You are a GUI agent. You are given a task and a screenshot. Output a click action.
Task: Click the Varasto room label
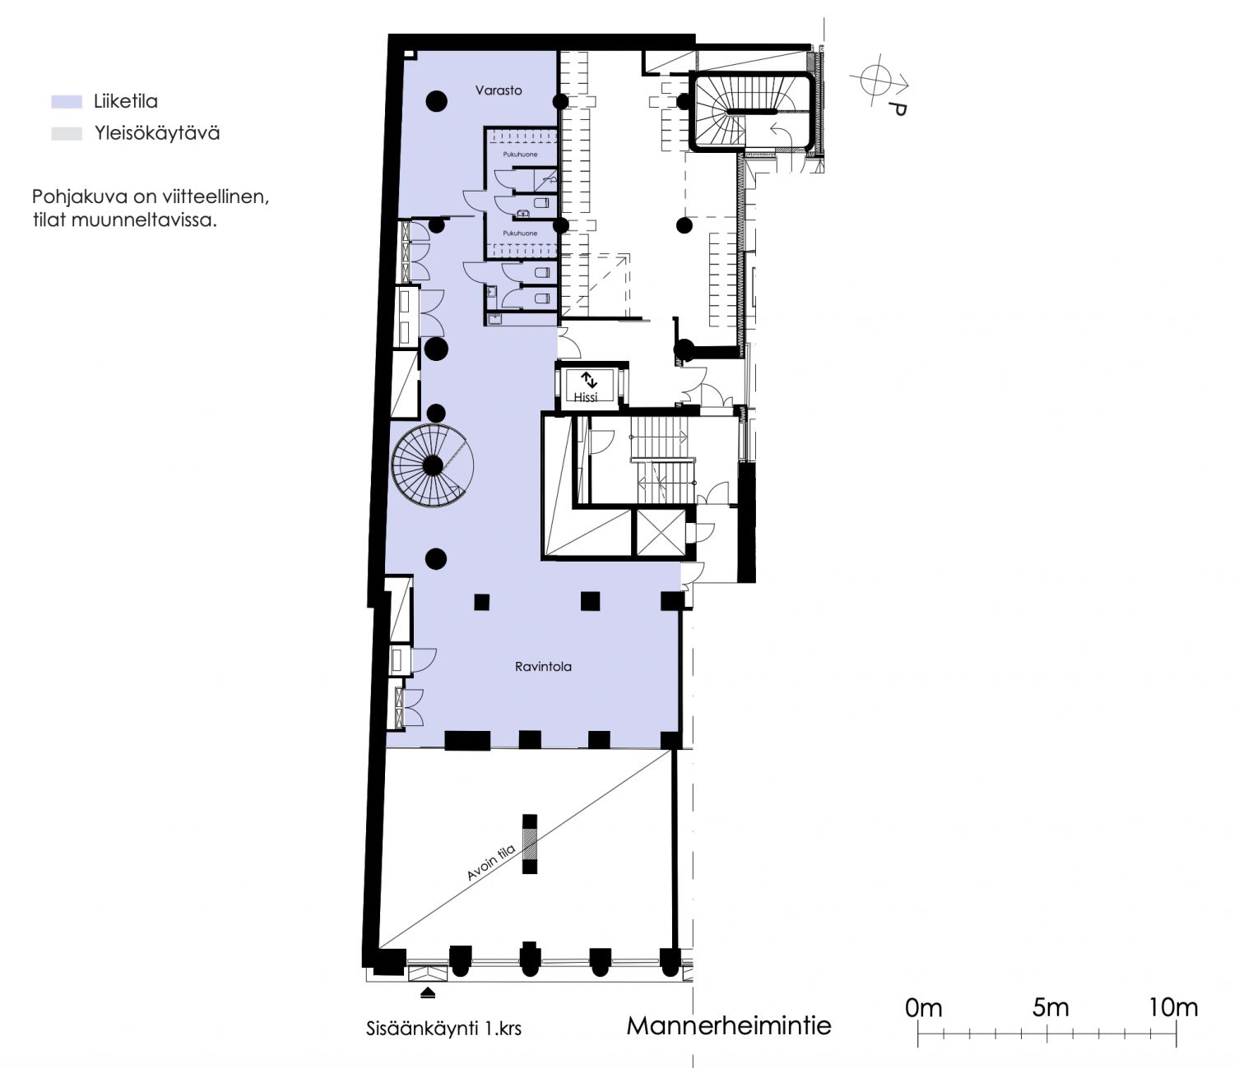(499, 90)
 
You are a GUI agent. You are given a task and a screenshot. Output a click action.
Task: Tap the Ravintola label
(543, 667)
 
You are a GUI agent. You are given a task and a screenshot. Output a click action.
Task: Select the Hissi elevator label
(585, 397)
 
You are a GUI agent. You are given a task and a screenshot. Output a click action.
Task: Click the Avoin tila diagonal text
(491, 860)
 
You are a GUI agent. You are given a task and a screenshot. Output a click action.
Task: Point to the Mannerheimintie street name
(729, 1026)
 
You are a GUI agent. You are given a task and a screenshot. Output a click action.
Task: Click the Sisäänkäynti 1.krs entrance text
(443, 1029)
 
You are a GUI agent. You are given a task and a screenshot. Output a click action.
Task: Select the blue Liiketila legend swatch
(67, 101)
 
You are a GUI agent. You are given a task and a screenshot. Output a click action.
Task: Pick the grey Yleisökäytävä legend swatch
(67, 134)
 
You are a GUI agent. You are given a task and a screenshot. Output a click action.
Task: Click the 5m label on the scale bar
(1050, 1008)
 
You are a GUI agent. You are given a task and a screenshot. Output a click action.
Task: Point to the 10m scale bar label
(1173, 1008)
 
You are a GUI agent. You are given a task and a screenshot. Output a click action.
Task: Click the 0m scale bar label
(924, 1008)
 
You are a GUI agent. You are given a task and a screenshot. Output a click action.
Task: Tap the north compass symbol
(879, 84)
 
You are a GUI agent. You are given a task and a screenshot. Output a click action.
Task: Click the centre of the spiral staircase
(433, 465)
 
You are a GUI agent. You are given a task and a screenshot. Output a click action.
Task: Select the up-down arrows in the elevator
(589, 380)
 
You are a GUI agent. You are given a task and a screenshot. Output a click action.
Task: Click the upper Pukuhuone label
(520, 155)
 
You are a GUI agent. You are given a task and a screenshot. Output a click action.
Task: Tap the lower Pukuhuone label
(520, 233)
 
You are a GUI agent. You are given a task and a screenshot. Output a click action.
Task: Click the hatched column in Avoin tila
(530, 844)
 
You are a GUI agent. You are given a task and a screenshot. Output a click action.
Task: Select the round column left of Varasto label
(436, 101)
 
